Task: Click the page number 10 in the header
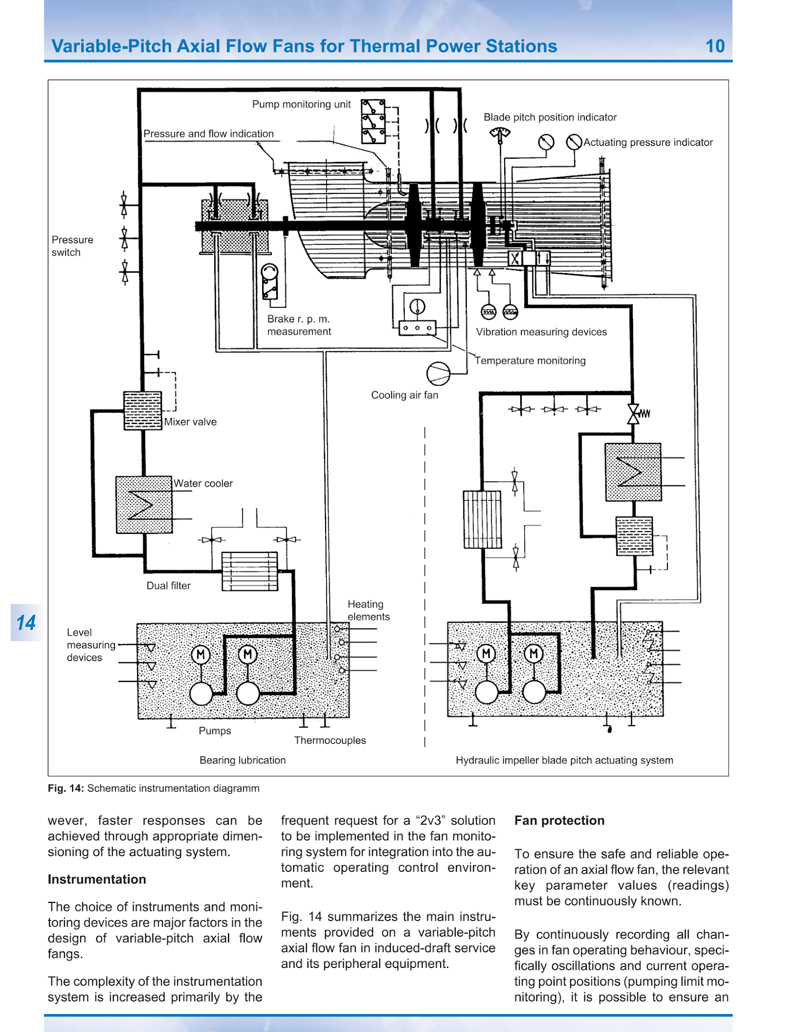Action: [x=715, y=46]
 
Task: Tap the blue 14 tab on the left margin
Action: [x=26, y=622]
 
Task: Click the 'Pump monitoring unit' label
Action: [x=301, y=104]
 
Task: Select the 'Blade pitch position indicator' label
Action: [x=550, y=117]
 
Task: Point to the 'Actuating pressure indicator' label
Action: [x=648, y=143]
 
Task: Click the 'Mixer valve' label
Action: [x=191, y=422]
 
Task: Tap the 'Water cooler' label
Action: [x=203, y=484]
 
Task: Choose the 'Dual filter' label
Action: [x=168, y=586]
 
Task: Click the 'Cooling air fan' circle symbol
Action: [x=438, y=373]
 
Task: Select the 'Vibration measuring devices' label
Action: [x=541, y=332]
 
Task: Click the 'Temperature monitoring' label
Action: [x=530, y=361]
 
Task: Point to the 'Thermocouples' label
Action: [x=330, y=740]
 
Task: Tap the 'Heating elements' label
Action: [x=369, y=610]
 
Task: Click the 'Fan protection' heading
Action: [x=559, y=820]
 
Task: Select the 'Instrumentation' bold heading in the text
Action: [x=97, y=879]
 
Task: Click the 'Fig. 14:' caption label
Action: [x=66, y=788]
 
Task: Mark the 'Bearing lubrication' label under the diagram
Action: [x=242, y=760]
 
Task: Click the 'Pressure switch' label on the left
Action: [x=72, y=246]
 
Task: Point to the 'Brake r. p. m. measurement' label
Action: [x=299, y=325]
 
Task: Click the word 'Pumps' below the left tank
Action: [x=215, y=731]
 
